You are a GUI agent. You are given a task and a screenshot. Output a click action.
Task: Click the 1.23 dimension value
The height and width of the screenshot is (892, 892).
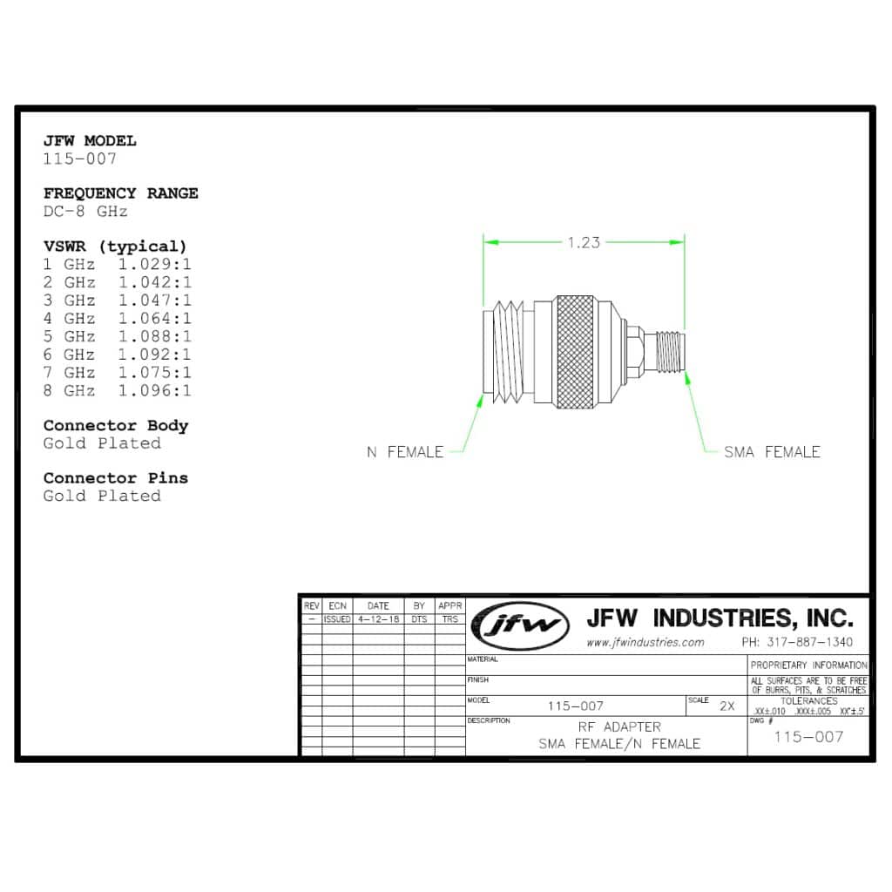click(x=583, y=243)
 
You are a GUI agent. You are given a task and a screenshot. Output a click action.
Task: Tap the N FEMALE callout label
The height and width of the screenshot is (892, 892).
click(x=405, y=452)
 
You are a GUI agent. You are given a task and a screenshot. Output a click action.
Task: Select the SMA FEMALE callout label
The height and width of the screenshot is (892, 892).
click(x=772, y=452)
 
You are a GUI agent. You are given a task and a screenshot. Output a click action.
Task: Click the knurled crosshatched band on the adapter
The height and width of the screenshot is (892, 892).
click(x=575, y=352)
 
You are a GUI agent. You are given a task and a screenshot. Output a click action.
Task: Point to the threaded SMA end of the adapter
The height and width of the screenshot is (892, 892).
click(x=670, y=352)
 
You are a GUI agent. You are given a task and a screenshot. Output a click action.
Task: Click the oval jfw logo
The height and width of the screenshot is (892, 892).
click(x=521, y=625)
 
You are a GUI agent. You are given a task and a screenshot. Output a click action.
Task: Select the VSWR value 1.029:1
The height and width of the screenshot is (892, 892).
click(x=155, y=265)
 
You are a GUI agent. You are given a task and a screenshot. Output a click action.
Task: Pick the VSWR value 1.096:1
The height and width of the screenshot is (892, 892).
click(x=155, y=391)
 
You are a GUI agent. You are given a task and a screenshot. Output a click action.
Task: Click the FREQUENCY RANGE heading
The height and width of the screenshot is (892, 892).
click(x=120, y=193)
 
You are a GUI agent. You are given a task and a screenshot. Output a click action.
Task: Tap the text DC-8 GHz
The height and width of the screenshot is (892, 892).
click(x=85, y=212)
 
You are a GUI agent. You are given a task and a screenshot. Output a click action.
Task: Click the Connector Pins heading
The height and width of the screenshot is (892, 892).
click(x=116, y=478)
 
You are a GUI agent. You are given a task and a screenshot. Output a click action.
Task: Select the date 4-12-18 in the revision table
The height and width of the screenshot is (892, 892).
click(x=378, y=619)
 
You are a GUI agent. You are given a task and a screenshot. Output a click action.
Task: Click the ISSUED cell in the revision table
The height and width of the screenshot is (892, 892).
click(x=337, y=619)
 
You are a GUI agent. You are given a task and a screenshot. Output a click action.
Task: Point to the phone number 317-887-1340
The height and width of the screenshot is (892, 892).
click(x=797, y=642)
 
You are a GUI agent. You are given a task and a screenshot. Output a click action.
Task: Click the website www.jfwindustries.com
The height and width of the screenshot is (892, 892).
click(x=645, y=642)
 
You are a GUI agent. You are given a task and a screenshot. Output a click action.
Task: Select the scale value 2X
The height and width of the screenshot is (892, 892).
click(x=727, y=706)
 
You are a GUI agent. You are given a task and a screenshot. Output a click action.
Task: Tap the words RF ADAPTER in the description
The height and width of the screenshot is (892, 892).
click(x=619, y=727)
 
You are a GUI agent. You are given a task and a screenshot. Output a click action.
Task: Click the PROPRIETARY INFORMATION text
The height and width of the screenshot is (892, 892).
click(x=808, y=665)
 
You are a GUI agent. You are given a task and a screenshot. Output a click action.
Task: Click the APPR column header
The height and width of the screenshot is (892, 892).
click(x=450, y=606)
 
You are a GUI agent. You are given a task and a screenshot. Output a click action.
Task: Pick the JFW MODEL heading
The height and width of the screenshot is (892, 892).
click(x=90, y=141)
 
